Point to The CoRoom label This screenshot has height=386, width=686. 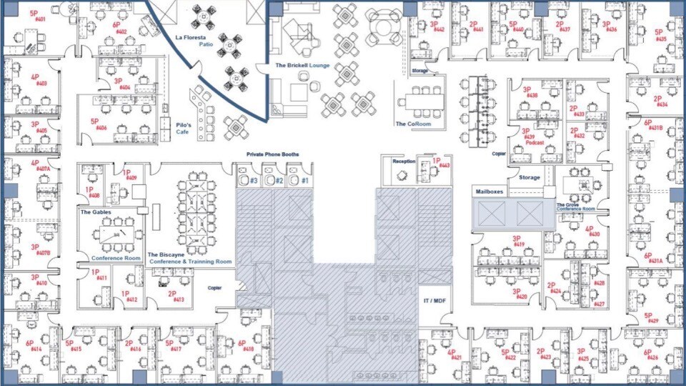(x=413, y=124)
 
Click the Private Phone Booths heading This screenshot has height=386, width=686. (x=272, y=154)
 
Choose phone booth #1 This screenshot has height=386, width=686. (x=304, y=181)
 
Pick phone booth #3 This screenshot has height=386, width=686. (x=253, y=181)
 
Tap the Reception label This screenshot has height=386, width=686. (x=404, y=162)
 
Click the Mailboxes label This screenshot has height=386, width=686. (x=491, y=192)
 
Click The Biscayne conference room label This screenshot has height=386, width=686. (x=189, y=258)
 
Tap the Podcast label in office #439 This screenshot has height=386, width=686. (x=535, y=143)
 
